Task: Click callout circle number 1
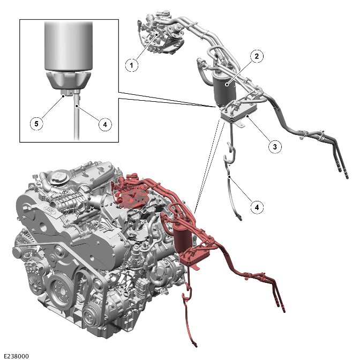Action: click(132, 65)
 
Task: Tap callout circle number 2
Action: click(257, 56)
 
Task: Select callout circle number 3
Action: click(275, 146)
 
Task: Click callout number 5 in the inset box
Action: click(36, 124)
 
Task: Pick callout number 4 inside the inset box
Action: click(105, 124)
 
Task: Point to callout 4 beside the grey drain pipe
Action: click(257, 207)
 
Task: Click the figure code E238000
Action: click(17, 356)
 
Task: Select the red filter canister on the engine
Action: click(183, 236)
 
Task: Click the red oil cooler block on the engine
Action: click(194, 256)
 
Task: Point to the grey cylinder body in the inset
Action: click(69, 46)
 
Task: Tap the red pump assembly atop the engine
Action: click(131, 191)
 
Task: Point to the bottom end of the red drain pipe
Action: click(196, 345)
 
